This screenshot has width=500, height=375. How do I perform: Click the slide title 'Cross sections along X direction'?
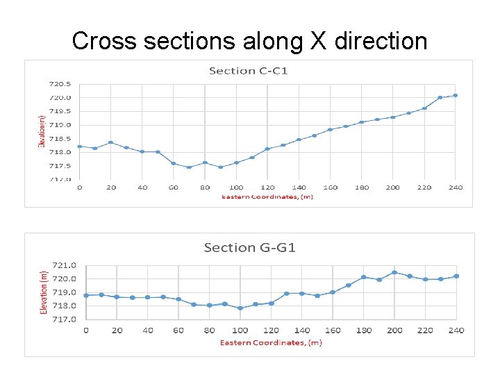pos(249,41)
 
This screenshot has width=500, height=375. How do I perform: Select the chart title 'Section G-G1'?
pos(249,248)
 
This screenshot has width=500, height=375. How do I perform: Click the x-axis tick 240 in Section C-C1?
pos(456,187)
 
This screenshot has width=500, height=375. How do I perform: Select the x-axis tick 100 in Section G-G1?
pos(240,330)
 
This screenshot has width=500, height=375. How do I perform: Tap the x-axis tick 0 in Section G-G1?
pos(86,330)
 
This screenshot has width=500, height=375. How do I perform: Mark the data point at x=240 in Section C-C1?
pos(456,95)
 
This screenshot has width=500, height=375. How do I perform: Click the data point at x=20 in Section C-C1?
pos(110,142)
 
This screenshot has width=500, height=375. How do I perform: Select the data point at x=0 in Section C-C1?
pos(79,147)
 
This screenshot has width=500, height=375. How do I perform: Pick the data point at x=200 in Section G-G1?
pos(394,272)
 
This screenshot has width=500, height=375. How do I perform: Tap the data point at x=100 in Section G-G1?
pos(240,308)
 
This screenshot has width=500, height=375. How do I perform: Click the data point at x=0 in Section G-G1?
pos(86,295)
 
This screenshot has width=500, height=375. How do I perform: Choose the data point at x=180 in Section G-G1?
pos(364,277)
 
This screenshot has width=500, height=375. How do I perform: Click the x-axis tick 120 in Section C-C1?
pos(267,187)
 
